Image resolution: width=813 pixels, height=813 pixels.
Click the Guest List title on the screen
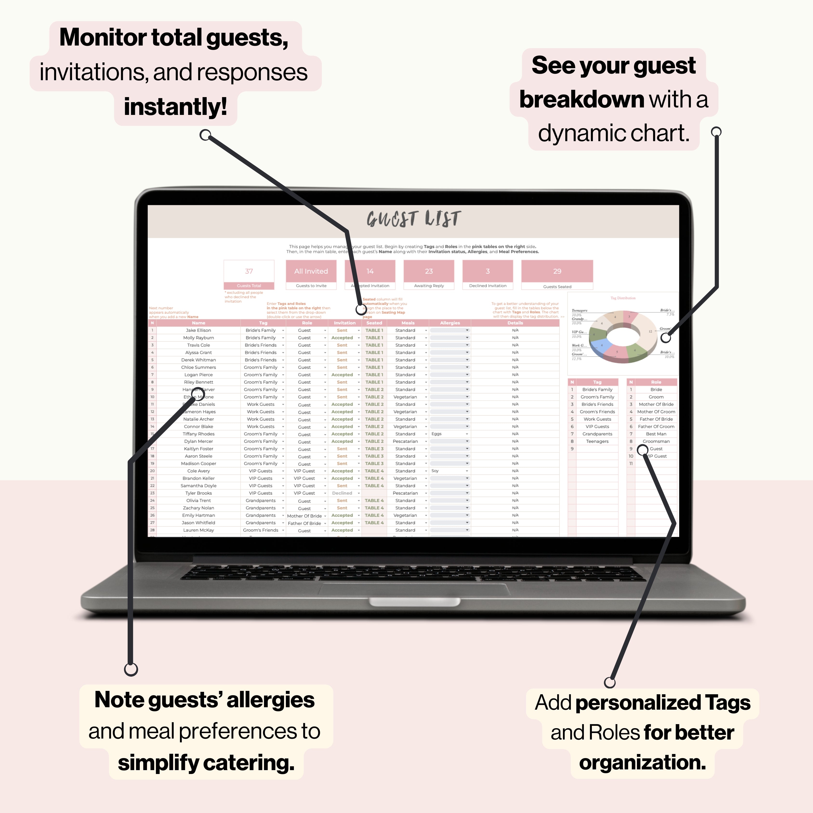pyautogui.click(x=414, y=219)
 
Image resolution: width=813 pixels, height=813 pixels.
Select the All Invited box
pyautogui.click(x=311, y=271)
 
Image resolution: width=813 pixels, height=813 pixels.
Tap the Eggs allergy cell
pyautogui.click(x=437, y=434)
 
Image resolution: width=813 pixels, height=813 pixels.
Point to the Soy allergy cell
pyautogui.click(x=435, y=471)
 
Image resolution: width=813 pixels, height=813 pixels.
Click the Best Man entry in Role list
pyautogui.click(x=656, y=434)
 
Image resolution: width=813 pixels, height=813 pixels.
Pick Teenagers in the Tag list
pyautogui.click(x=597, y=441)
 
